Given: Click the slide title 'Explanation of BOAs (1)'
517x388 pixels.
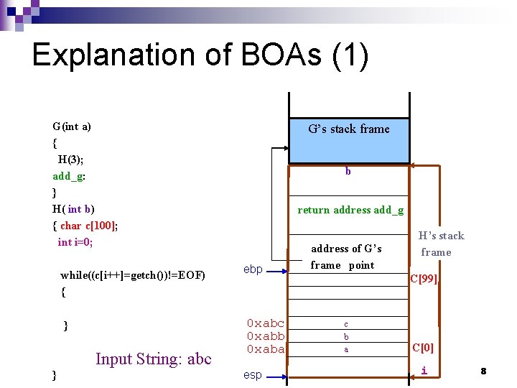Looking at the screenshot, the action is pyautogui.click(x=200, y=55).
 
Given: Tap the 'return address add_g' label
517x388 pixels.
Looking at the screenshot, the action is pyautogui.click(x=350, y=210).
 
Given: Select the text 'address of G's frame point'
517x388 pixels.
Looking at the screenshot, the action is pyautogui.click(x=346, y=257).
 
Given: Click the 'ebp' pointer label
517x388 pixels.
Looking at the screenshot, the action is pyautogui.click(x=253, y=269).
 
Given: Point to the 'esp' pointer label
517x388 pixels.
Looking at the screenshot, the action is pyautogui.click(x=253, y=374).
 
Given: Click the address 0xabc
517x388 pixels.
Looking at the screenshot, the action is pyautogui.click(x=265, y=323).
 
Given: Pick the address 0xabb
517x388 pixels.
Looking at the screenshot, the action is pyautogui.click(x=265, y=336).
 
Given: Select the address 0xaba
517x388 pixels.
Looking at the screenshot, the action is pyautogui.click(x=265, y=348).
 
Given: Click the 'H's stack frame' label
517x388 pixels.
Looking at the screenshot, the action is pyautogui.click(x=439, y=244).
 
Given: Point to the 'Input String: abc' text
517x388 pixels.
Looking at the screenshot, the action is pyautogui.click(x=154, y=359).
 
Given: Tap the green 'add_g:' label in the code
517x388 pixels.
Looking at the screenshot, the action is pyautogui.click(x=70, y=176).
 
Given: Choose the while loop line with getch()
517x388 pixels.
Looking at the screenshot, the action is pyautogui.click(x=133, y=275).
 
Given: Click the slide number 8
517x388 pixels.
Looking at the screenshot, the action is pyautogui.click(x=483, y=371).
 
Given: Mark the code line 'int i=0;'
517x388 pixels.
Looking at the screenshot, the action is pyautogui.click(x=75, y=242).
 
